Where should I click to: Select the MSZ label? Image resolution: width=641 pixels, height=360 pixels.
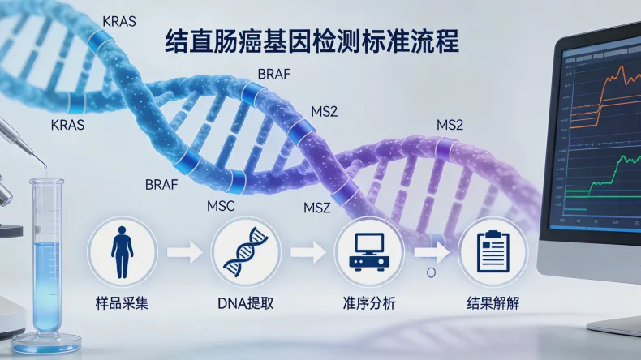pos(317,208)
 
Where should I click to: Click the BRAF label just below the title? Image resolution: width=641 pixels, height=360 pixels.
pos(273,75)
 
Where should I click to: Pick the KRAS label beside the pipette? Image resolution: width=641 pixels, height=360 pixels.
pos(67,126)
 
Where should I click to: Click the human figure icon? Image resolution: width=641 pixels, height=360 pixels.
pos(121,251)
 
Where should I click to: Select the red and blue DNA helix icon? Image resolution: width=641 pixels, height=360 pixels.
pos(246,251)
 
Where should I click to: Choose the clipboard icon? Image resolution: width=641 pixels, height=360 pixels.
pos(493,251)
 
